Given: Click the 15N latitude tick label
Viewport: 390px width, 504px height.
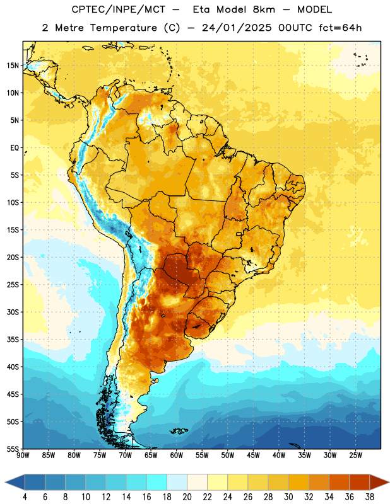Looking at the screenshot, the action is (13, 66).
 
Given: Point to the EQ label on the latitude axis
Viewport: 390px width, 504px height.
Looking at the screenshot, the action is (15, 148).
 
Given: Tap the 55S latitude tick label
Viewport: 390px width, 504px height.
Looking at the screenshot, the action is (13, 449).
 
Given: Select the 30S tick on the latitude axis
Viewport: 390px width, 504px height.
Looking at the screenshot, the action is (13, 312).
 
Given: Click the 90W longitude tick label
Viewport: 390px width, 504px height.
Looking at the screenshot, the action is (23, 455).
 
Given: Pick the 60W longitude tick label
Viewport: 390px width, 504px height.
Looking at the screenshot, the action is (177, 455).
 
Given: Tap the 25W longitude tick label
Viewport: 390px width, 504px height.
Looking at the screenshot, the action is (355, 455).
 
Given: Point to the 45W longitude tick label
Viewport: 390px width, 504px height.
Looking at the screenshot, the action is (253, 455).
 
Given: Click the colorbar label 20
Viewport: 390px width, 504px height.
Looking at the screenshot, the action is (187, 497).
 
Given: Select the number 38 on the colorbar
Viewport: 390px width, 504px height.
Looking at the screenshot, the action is (369, 497).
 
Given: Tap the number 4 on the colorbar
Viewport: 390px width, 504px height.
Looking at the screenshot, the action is (25, 497).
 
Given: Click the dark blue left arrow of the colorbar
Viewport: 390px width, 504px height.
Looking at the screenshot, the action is (15, 483).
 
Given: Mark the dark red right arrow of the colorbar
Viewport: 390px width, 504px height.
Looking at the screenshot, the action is (379, 483).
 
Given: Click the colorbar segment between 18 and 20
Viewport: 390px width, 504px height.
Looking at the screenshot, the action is (177, 483).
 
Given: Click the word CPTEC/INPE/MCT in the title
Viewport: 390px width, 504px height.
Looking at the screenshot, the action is (118, 9).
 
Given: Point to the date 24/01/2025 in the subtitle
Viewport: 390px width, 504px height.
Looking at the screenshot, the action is (237, 28).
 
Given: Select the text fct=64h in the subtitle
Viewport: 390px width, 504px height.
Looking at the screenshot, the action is (340, 28).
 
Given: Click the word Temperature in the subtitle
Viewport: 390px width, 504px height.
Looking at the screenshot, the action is (123, 28).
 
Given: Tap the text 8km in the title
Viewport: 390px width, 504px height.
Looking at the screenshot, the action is (264, 9).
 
